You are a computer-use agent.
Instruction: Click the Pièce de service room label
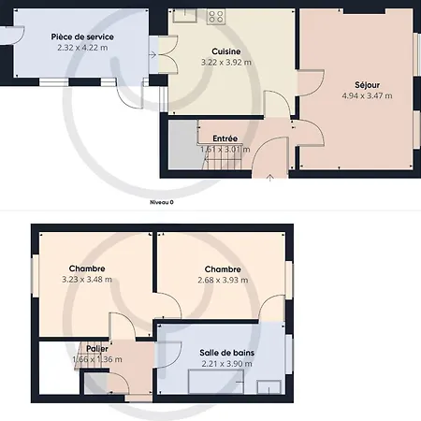[x=82, y=36]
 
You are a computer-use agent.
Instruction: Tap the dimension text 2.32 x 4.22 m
[x=82, y=48]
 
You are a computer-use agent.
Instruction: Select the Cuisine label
[x=226, y=51]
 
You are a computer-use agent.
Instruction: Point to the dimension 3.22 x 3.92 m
[x=226, y=63]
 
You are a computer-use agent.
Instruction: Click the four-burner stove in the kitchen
[x=216, y=17]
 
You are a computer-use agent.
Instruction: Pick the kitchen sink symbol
[x=184, y=16]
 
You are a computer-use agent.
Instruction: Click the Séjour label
[x=367, y=85]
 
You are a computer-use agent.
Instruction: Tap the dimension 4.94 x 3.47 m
[x=367, y=95]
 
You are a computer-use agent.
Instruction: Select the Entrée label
[x=225, y=138]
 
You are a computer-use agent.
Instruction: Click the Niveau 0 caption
[x=162, y=202]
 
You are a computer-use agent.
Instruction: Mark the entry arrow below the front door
[x=270, y=178]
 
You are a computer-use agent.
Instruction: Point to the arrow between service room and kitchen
[x=152, y=55]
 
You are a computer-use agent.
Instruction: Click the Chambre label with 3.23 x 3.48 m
[x=87, y=269]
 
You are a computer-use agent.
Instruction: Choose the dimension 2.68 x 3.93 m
[x=223, y=280]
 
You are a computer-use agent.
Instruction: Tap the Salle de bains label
[x=226, y=353]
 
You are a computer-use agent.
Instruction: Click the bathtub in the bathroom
[x=216, y=382]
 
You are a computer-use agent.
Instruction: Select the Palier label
[x=97, y=349]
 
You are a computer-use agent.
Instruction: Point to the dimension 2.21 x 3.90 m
[x=226, y=364]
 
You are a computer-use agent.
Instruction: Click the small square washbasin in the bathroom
[x=269, y=387]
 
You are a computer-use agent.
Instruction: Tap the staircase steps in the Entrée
[x=222, y=156]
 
